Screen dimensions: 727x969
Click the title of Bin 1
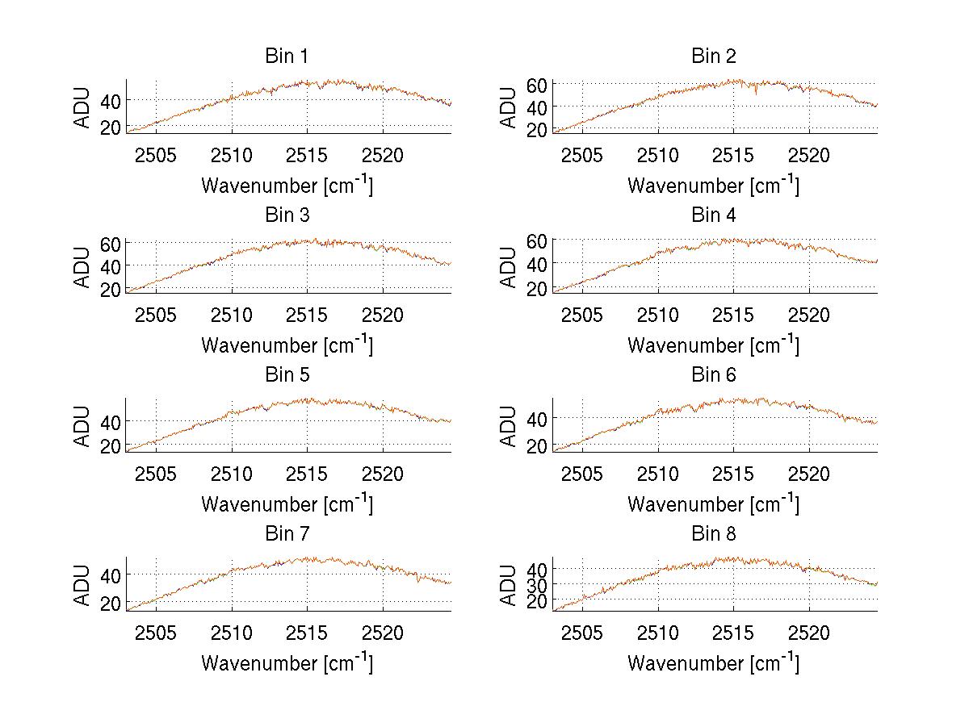point(287,56)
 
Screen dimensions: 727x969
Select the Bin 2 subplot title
point(714,56)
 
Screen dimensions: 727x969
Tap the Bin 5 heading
point(287,375)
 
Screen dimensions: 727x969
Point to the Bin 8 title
point(714,534)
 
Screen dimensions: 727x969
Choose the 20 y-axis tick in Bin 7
point(111,602)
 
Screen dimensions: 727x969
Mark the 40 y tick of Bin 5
point(111,421)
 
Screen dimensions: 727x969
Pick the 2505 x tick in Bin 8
point(582,632)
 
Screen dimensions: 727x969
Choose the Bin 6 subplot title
point(714,375)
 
